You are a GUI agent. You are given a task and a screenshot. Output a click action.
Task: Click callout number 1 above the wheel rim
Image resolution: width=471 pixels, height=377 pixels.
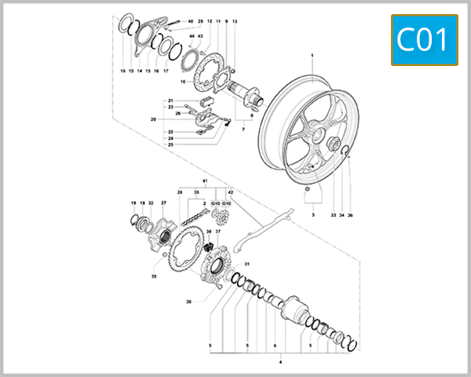[x=312, y=56]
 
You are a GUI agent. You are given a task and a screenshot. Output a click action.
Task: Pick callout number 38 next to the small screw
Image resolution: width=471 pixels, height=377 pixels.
[x=188, y=302]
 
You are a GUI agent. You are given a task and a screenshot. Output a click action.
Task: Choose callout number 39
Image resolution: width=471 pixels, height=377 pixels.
[x=155, y=276]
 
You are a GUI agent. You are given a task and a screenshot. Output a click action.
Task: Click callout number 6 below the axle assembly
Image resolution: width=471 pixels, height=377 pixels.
[x=276, y=345]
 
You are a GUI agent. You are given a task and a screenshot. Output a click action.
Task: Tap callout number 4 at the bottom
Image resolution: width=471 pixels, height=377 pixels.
[x=281, y=362]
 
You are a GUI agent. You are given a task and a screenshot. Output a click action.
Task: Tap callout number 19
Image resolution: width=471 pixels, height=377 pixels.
[x=133, y=203]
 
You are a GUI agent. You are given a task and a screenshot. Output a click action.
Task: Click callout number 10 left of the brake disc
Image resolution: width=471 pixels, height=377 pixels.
[x=181, y=81]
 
